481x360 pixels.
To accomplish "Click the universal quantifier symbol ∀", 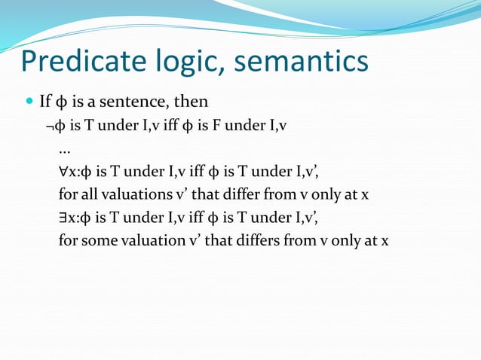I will (x=63, y=172).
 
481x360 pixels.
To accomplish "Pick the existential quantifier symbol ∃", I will (x=63, y=218).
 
